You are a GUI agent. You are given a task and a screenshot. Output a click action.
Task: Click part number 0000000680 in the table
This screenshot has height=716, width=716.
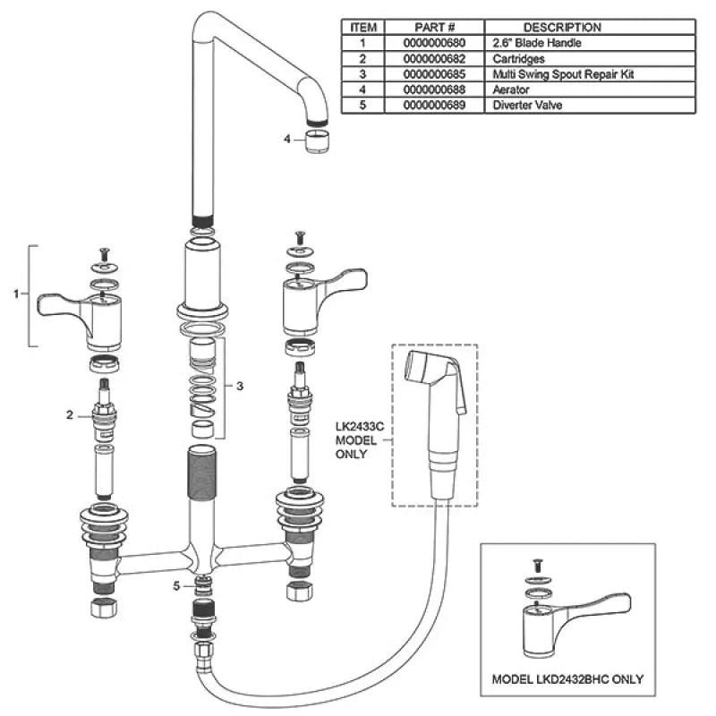434,43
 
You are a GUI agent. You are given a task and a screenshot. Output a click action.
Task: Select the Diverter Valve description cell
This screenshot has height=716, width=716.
527,105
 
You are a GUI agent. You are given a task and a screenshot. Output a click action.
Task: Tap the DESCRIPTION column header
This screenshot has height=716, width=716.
562,28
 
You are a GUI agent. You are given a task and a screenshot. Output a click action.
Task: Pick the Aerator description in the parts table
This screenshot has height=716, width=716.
511,89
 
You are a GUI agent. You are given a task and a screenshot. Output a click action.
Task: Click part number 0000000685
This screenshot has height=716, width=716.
434,74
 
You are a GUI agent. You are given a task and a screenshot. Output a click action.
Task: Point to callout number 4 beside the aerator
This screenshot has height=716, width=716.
286,139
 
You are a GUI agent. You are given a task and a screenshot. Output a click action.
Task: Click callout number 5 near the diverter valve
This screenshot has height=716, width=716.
176,586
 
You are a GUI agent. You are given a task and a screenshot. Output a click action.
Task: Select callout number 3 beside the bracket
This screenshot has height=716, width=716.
240,387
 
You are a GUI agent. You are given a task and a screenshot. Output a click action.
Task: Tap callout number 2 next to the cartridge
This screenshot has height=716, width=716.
70,414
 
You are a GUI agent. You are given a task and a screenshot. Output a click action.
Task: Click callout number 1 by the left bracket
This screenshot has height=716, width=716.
16,294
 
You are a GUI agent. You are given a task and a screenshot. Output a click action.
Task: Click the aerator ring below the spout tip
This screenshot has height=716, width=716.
318,141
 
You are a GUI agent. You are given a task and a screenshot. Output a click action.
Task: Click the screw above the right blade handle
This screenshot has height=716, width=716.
300,237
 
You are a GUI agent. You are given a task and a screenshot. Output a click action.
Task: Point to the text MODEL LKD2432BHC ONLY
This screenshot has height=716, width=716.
567,679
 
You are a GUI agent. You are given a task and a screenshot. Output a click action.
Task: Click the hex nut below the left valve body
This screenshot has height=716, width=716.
104,608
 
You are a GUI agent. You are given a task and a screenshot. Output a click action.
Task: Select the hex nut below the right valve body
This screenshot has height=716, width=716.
300,591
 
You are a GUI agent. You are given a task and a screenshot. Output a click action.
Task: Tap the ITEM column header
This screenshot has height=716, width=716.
363,28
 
